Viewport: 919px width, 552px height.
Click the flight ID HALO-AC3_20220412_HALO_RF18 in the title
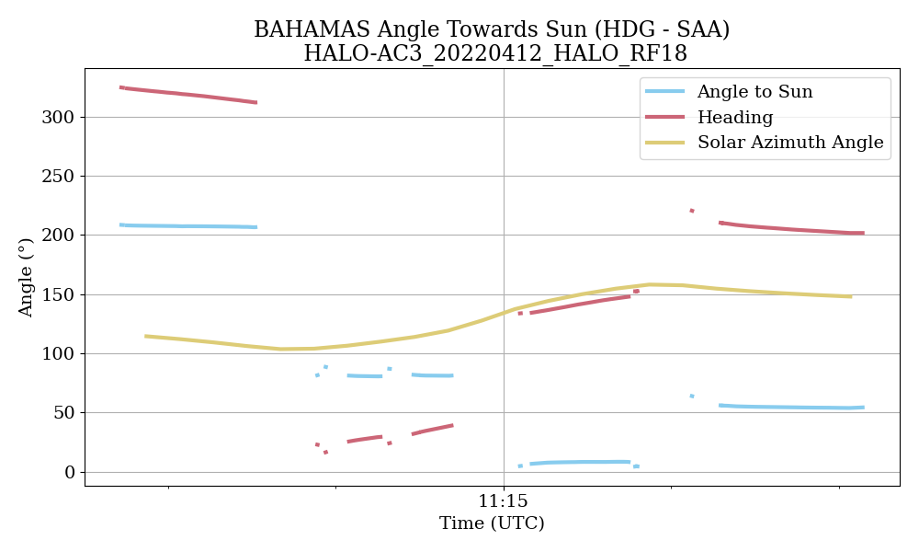pos(494,54)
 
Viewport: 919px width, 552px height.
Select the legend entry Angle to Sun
pos(754,92)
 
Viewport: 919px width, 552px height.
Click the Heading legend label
pos(734,118)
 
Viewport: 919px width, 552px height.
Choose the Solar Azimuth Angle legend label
pos(789,143)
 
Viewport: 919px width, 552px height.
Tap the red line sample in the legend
pos(664,117)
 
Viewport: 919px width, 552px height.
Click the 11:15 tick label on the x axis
pos(503,502)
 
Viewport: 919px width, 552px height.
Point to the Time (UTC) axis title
pos(492,524)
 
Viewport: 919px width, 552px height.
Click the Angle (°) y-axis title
pos(26,277)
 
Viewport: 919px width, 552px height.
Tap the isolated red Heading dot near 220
pos(691,211)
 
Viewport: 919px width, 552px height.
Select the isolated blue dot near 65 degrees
pos(691,396)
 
